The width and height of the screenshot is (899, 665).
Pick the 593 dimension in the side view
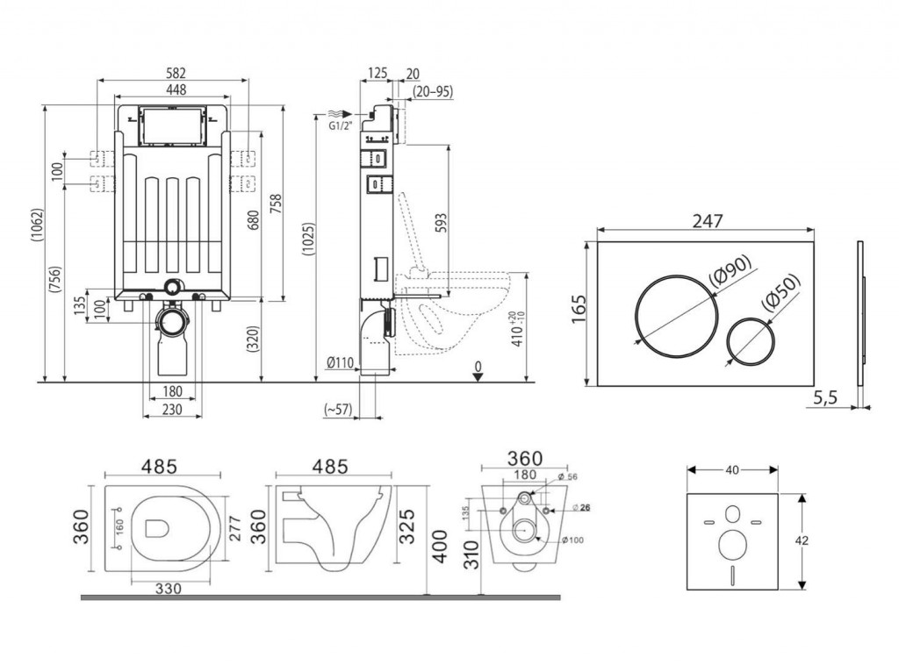point(442,222)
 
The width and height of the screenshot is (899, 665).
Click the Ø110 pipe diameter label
point(339,362)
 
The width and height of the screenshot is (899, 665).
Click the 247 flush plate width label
point(707,221)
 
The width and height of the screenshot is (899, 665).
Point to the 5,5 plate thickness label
point(825,397)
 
